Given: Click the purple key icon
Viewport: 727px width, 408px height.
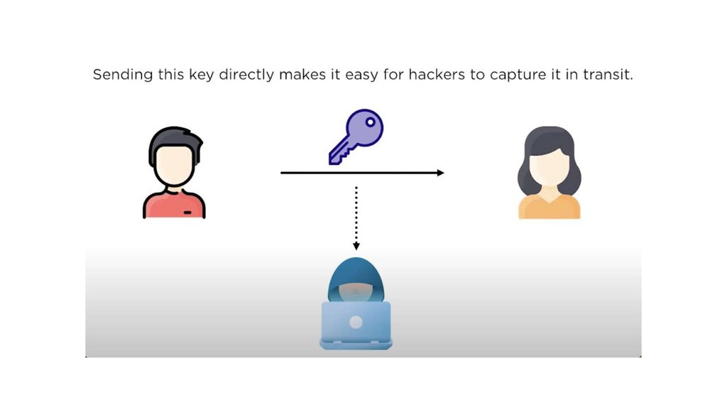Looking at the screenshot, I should pos(355,137).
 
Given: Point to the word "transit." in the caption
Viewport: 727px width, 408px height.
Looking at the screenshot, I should pos(606,75).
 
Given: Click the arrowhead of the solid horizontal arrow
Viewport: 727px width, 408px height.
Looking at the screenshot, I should pos(440,173).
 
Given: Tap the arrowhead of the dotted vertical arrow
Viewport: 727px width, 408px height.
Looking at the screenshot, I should pos(356,246).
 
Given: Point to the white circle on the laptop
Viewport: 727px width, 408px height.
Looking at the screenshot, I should pos(356,322).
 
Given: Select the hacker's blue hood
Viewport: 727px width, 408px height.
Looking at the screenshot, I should pos(356,274).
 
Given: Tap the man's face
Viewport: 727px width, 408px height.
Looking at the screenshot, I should pos(174,166).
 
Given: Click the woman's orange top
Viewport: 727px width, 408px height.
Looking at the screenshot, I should pos(549,207).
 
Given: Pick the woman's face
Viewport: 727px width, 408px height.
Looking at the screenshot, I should pos(549,167).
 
